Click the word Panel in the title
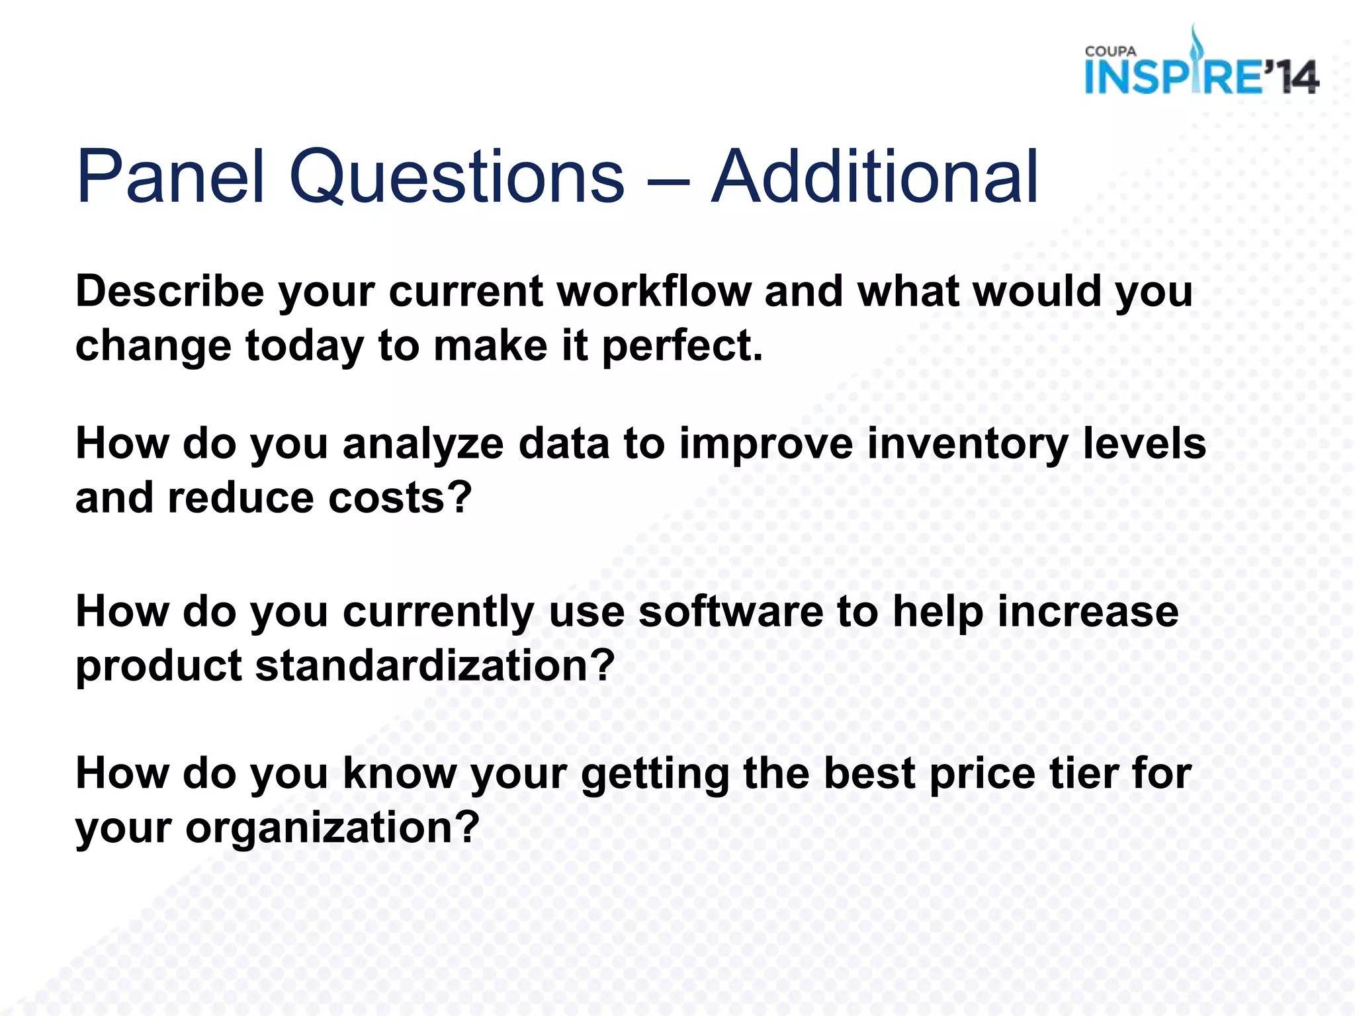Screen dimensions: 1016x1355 (x=170, y=176)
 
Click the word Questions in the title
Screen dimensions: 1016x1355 (x=456, y=176)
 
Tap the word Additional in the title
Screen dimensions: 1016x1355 (x=874, y=176)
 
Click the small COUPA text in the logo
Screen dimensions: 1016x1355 (x=1110, y=52)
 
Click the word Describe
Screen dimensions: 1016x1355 (x=170, y=291)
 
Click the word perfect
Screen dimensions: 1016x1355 (x=681, y=347)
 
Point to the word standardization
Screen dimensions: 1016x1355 (x=435, y=665)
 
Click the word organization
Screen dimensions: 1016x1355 (x=331, y=828)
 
